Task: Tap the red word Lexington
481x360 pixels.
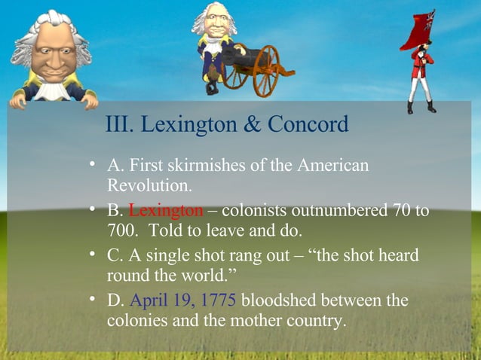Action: (x=166, y=209)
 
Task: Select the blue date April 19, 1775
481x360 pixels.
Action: (x=183, y=301)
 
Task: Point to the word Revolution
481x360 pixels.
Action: (x=145, y=184)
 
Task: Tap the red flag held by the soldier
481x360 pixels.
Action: (x=421, y=30)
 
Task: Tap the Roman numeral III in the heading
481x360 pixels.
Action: (x=118, y=124)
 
